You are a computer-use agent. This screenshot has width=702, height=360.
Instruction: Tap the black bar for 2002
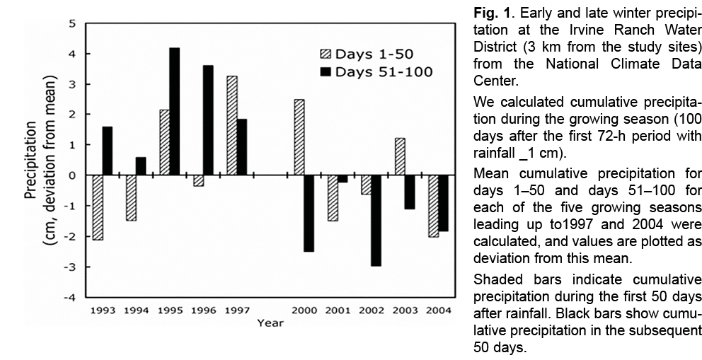(x=376, y=220)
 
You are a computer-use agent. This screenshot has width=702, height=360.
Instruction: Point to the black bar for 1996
(x=208, y=120)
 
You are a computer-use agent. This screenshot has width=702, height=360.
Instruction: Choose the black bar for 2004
(x=443, y=203)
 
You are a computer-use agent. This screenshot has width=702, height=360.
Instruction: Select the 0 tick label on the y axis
(x=71, y=175)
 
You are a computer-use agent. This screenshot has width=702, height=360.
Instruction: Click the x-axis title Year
(x=270, y=323)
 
